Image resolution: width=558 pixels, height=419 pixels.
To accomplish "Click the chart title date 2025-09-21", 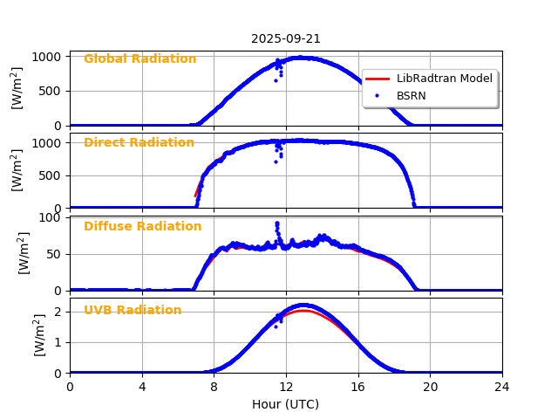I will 286,38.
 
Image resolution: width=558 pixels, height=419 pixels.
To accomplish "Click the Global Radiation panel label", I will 139,59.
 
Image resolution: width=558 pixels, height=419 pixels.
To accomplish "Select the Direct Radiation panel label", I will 139,143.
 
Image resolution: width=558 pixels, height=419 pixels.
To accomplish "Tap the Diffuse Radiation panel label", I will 142,227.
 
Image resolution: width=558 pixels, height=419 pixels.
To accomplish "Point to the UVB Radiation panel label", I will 133,311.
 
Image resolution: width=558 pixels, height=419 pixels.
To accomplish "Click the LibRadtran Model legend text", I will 445,79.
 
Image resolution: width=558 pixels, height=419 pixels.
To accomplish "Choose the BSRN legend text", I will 412,96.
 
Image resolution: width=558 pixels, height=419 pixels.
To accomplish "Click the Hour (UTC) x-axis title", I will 286,404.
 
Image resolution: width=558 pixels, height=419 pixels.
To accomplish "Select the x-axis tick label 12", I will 286,387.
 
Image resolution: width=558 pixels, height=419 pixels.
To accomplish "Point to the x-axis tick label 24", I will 502,387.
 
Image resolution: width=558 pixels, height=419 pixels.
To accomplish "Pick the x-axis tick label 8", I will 214,387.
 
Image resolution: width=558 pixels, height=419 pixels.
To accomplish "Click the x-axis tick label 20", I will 430,387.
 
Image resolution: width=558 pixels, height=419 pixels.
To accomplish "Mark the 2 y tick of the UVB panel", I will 59,312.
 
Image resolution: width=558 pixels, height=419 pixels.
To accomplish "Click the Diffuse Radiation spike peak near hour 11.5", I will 277,223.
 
